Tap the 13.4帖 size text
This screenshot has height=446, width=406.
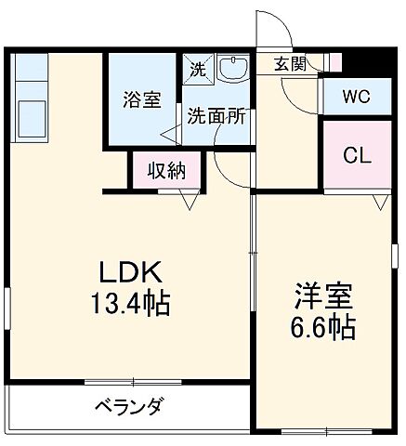pyautogui.click(x=131, y=303)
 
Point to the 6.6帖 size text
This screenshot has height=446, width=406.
pyautogui.click(x=321, y=328)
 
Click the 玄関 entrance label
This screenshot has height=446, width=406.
pyautogui.click(x=289, y=64)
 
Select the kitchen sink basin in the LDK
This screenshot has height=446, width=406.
pyautogui.click(x=31, y=117)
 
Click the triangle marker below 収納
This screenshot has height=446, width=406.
pyautogui.click(x=190, y=200)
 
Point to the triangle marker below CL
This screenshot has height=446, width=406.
pyautogui.click(x=379, y=201)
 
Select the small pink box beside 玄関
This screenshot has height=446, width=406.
pyautogui.click(x=335, y=63)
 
